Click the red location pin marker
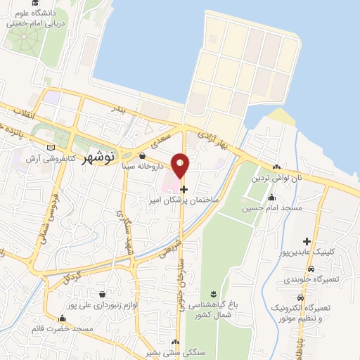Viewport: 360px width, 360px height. pos(181,165)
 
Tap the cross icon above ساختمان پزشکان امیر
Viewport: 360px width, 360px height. pos(184,188)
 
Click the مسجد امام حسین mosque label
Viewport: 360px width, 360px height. pos(272,208)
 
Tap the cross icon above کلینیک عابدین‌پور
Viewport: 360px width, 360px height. pos(307,242)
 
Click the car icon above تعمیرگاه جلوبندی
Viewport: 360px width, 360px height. pos(311,268)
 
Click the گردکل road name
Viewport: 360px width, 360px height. pos(79,272)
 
